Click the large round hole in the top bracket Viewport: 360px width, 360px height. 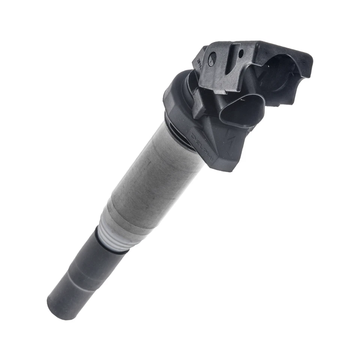(x=212, y=58)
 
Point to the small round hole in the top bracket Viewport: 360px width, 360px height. (x=241, y=52)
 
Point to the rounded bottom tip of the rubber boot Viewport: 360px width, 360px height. (x=60, y=307)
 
